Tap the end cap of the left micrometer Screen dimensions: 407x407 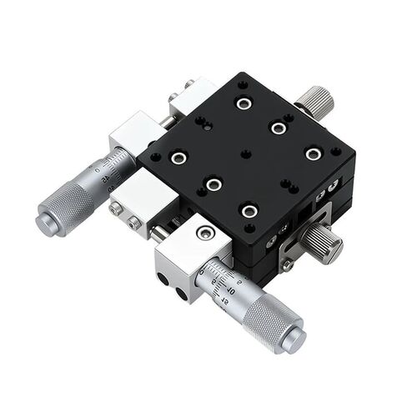coord(43,219)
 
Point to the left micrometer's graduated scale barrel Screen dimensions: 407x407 coord(113,168)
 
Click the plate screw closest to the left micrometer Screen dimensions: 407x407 coord(177,157)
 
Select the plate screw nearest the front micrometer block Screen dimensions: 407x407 coord(248,211)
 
